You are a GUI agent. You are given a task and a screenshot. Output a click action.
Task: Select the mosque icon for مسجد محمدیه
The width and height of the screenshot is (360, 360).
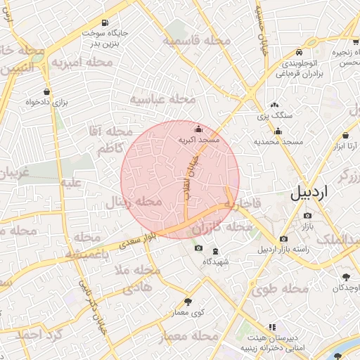(278, 130)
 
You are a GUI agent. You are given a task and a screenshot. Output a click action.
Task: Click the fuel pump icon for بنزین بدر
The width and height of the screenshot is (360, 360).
(105, 22)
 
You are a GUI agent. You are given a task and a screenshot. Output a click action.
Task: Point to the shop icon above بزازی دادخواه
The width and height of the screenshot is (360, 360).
(46, 91)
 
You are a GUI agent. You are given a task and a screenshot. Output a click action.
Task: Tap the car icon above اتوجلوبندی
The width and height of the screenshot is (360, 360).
(300, 52)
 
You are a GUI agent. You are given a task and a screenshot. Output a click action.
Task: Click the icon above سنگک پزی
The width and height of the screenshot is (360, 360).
(274, 104)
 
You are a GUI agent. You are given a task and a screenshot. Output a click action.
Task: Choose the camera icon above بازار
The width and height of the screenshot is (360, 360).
(308, 215)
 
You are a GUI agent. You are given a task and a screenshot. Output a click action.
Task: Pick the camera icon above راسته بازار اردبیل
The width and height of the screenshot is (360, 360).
(283, 239)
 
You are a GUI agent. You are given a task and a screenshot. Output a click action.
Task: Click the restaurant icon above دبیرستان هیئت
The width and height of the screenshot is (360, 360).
(272, 327)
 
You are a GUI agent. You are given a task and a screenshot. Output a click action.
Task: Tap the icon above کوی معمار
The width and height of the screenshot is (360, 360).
(188, 301)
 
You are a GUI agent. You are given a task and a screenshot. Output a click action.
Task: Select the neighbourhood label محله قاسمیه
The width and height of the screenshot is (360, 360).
(198, 41)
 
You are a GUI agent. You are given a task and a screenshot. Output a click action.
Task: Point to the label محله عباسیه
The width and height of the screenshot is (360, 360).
(162, 99)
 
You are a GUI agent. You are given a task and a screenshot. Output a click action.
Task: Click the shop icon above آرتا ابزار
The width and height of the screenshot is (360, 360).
(346, 135)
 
